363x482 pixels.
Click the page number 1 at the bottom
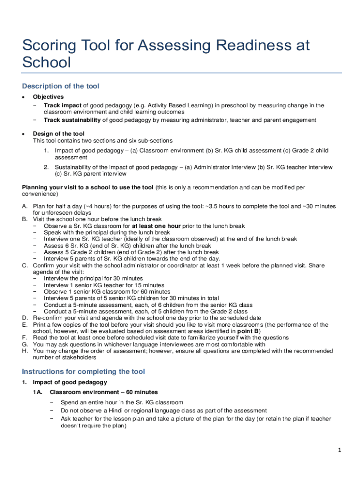click(339, 450)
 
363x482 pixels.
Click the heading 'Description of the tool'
click(60, 86)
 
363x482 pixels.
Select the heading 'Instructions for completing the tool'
click(83, 371)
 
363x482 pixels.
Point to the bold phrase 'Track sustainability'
click(72, 120)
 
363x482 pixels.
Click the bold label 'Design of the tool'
click(58, 134)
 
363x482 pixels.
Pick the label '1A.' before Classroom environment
click(38, 392)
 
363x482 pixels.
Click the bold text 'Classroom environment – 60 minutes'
click(104, 392)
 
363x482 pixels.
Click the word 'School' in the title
click(46, 62)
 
